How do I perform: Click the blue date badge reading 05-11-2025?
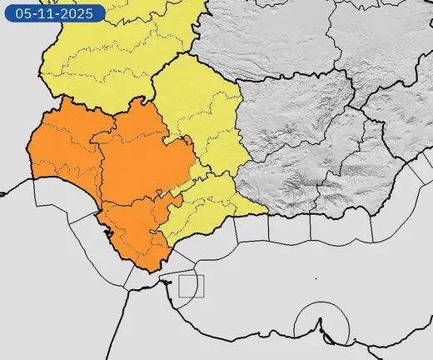(53, 13)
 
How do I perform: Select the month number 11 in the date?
(47, 13)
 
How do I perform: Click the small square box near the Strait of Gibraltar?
(191, 286)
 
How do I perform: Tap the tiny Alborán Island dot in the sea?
(316, 278)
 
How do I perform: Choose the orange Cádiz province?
(133, 233)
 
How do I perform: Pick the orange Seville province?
(137, 162)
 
